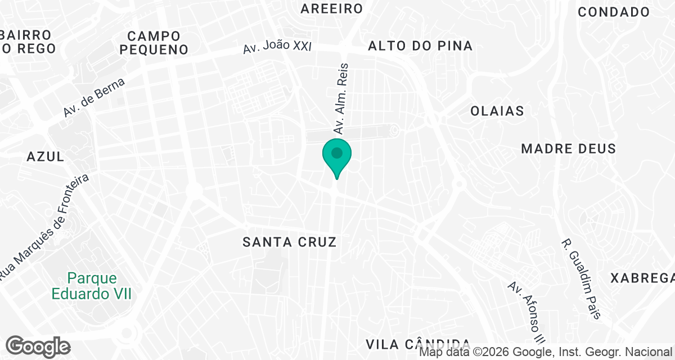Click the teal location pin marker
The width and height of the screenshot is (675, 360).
click(337, 155)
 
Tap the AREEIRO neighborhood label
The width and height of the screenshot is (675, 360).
click(331, 8)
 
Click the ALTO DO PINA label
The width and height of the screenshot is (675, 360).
click(420, 46)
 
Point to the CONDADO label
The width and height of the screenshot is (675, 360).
click(614, 12)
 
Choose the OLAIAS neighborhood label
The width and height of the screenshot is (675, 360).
click(497, 111)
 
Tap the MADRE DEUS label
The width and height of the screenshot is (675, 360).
click(568, 149)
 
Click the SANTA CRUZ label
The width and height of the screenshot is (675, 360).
click(290, 242)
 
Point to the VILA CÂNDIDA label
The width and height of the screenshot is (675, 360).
click(418, 344)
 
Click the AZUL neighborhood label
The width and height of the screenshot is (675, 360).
click(46, 157)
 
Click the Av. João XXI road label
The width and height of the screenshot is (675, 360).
click(277, 47)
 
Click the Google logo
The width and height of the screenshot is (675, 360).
click(38, 346)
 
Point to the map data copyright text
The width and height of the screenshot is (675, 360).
click(546, 353)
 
